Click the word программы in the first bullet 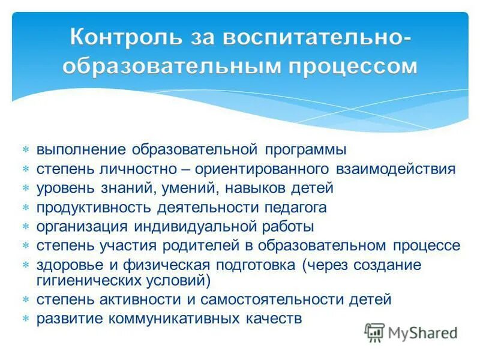click(x=311, y=149)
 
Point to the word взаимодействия click(x=400, y=169)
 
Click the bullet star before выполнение click(x=26, y=149)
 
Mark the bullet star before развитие click(x=26, y=319)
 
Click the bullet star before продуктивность click(x=26, y=208)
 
